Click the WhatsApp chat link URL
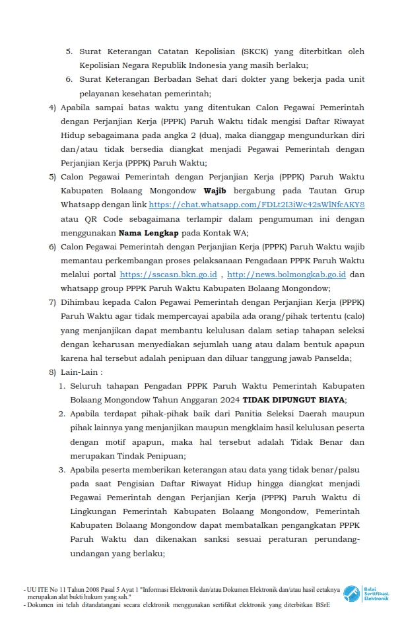256,205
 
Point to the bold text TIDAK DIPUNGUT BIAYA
294,399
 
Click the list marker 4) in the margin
52,108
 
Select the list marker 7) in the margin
52,302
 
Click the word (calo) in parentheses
350,316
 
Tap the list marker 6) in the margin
52,246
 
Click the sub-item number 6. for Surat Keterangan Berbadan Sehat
69,79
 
